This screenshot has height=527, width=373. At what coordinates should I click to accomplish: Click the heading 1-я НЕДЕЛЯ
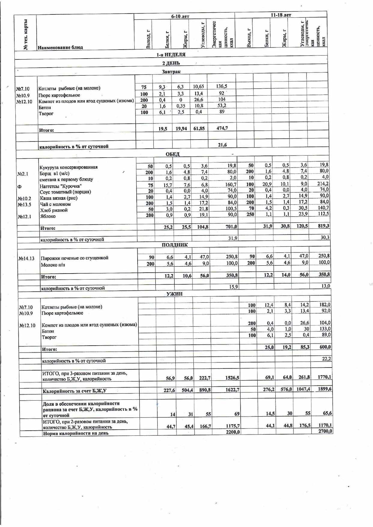[x=171, y=55]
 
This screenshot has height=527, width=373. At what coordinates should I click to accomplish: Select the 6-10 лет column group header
[x=180, y=16]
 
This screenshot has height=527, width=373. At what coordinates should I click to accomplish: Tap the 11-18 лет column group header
[x=281, y=15]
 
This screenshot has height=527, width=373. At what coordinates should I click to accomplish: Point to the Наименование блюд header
[x=60, y=47]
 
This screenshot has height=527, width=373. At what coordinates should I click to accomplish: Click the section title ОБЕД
[x=173, y=154]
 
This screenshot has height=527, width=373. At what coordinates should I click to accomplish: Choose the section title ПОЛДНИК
[x=175, y=245]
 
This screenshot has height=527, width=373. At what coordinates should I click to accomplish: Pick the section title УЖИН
[x=174, y=294]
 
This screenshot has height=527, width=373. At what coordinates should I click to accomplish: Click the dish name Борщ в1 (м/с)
[x=54, y=174]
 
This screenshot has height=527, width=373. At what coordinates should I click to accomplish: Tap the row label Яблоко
[x=48, y=216]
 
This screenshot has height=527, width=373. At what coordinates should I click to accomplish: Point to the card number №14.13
[x=26, y=258]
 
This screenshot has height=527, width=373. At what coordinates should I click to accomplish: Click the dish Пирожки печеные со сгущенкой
[x=74, y=258]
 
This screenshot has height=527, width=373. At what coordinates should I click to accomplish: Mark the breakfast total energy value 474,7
[x=222, y=128]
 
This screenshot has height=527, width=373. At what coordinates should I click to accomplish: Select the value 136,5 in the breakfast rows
[x=222, y=86]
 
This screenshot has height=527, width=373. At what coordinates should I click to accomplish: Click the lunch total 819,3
[x=323, y=226]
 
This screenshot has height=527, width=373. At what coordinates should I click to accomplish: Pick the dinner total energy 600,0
[x=325, y=347]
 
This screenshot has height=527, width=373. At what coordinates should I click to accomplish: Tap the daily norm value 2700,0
[x=325, y=431]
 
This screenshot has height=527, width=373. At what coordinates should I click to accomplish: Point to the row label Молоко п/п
[x=53, y=265]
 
